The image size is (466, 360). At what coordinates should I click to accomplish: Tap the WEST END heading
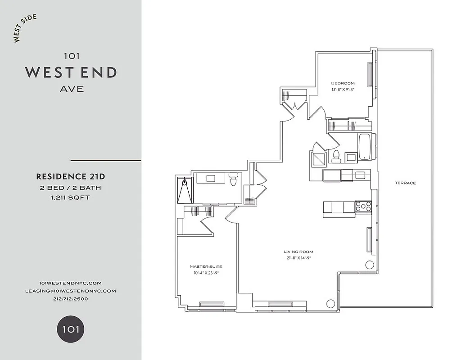pyautogui.click(x=71, y=72)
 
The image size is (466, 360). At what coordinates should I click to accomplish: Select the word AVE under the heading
pyautogui.click(x=72, y=89)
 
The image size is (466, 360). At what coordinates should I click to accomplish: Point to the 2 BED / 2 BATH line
pyautogui.click(x=71, y=187)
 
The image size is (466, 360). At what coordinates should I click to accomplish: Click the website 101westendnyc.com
pyautogui.click(x=71, y=283)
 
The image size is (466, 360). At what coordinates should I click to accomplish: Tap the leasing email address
pyautogui.click(x=71, y=291)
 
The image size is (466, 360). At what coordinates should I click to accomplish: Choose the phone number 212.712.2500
pyautogui.click(x=71, y=299)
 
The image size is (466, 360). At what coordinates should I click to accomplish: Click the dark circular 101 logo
pyautogui.click(x=71, y=329)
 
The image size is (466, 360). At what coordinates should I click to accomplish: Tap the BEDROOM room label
pyautogui.click(x=343, y=83)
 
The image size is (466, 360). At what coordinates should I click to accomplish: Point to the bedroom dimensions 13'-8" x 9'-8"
pyautogui.click(x=343, y=90)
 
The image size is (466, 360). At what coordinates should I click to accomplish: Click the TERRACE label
pyautogui.click(x=405, y=183)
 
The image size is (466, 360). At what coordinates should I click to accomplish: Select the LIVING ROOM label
pyautogui.click(x=298, y=252)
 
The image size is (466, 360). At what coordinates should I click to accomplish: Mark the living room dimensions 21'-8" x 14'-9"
pyautogui.click(x=298, y=258)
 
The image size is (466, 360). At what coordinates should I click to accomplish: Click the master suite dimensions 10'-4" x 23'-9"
pyautogui.click(x=206, y=273)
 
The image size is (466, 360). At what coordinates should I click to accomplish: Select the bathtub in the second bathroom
pyautogui.click(x=364, y=147)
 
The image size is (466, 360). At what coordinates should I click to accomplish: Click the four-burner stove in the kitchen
pyautogui.click(x=363, y=207)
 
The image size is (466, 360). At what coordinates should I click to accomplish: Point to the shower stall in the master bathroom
pyautogui.click(x=185, y=191)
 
